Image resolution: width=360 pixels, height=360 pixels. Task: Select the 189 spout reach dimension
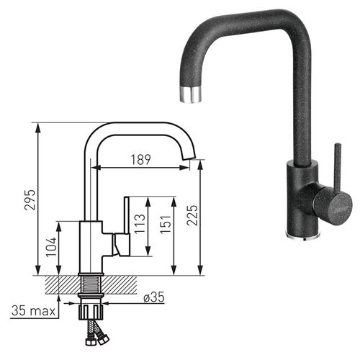tap(141, 160)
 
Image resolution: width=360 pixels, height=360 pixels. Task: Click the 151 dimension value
tap(168, 225)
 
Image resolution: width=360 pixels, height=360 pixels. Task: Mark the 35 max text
tap(34, 311)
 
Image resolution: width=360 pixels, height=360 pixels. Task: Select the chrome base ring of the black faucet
tap(300, 235)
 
